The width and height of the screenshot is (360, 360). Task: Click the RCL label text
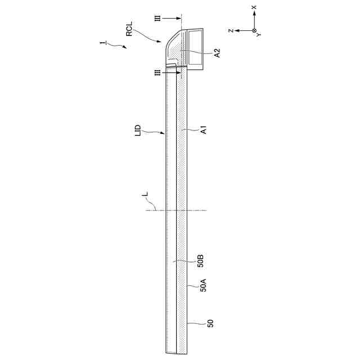pos(129,29)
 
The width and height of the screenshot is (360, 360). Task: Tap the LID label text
pos(138,130)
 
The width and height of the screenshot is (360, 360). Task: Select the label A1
pos(204,130)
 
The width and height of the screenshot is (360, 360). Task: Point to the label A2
pos(217,53)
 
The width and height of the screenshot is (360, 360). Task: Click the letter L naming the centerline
pos(145,195)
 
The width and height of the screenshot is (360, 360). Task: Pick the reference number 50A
pos(204,285)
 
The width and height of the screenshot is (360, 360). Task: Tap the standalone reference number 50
pos(210,323)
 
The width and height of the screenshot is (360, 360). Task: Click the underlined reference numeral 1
pos(103,43)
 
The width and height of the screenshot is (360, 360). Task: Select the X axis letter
pos(254,7)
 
